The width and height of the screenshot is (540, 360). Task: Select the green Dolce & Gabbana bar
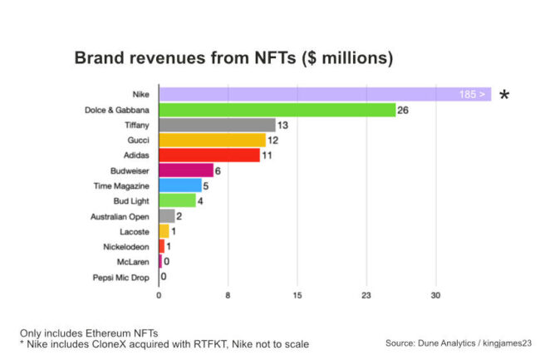277,110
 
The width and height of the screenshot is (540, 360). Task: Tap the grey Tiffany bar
217,125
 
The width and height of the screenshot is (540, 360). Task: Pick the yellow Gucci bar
212,140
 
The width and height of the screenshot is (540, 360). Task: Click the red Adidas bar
209,155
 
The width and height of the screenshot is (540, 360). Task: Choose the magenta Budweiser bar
186,170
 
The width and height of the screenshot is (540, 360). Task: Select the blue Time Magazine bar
180,185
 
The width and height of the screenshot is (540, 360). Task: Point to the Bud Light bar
177,200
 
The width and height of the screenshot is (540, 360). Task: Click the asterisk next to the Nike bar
503,96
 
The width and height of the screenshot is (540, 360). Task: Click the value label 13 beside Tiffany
282,125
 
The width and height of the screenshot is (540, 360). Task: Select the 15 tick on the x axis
297,294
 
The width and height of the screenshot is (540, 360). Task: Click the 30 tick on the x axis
434,294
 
